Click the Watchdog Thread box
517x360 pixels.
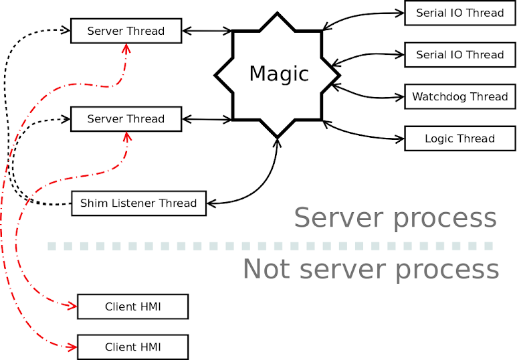click(x=459, y=96)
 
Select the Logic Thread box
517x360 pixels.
click(x=459, y=139)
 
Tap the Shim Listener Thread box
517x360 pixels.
click(x=138, y=203)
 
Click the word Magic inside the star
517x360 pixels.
click(x=279, y=74)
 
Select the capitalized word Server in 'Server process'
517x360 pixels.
click(x=334, y=218)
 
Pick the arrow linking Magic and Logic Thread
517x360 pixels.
click(x=365, y=134)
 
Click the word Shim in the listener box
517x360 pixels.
click(x=94, y=203)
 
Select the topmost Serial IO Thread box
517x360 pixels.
click(x=459, y=13)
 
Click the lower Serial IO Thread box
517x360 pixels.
click(x=459, y=55)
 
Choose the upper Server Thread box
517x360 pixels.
click(x=126, y=31)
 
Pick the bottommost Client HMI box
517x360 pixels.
click(x=133, y=347)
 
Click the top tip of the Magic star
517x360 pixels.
click(x=278, y=12)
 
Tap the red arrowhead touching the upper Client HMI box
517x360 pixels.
click(x=73, y=306)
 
